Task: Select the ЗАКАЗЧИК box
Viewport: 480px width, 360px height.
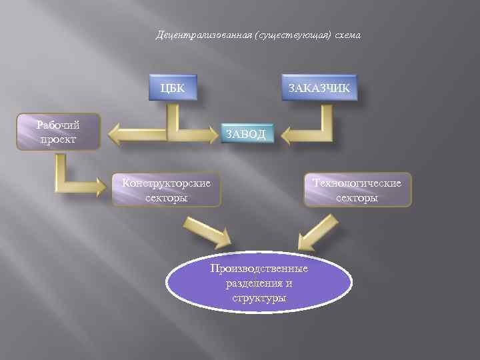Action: (319, 88)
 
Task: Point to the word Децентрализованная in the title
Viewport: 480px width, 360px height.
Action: (193, 35)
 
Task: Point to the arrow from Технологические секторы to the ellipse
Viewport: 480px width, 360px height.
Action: (313, 231)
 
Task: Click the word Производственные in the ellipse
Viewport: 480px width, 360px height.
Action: (259, 269)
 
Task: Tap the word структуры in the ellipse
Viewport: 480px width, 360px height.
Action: (259, 297)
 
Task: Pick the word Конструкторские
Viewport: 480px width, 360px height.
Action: (167, 183)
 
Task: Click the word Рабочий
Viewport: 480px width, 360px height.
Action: (58, 125)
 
